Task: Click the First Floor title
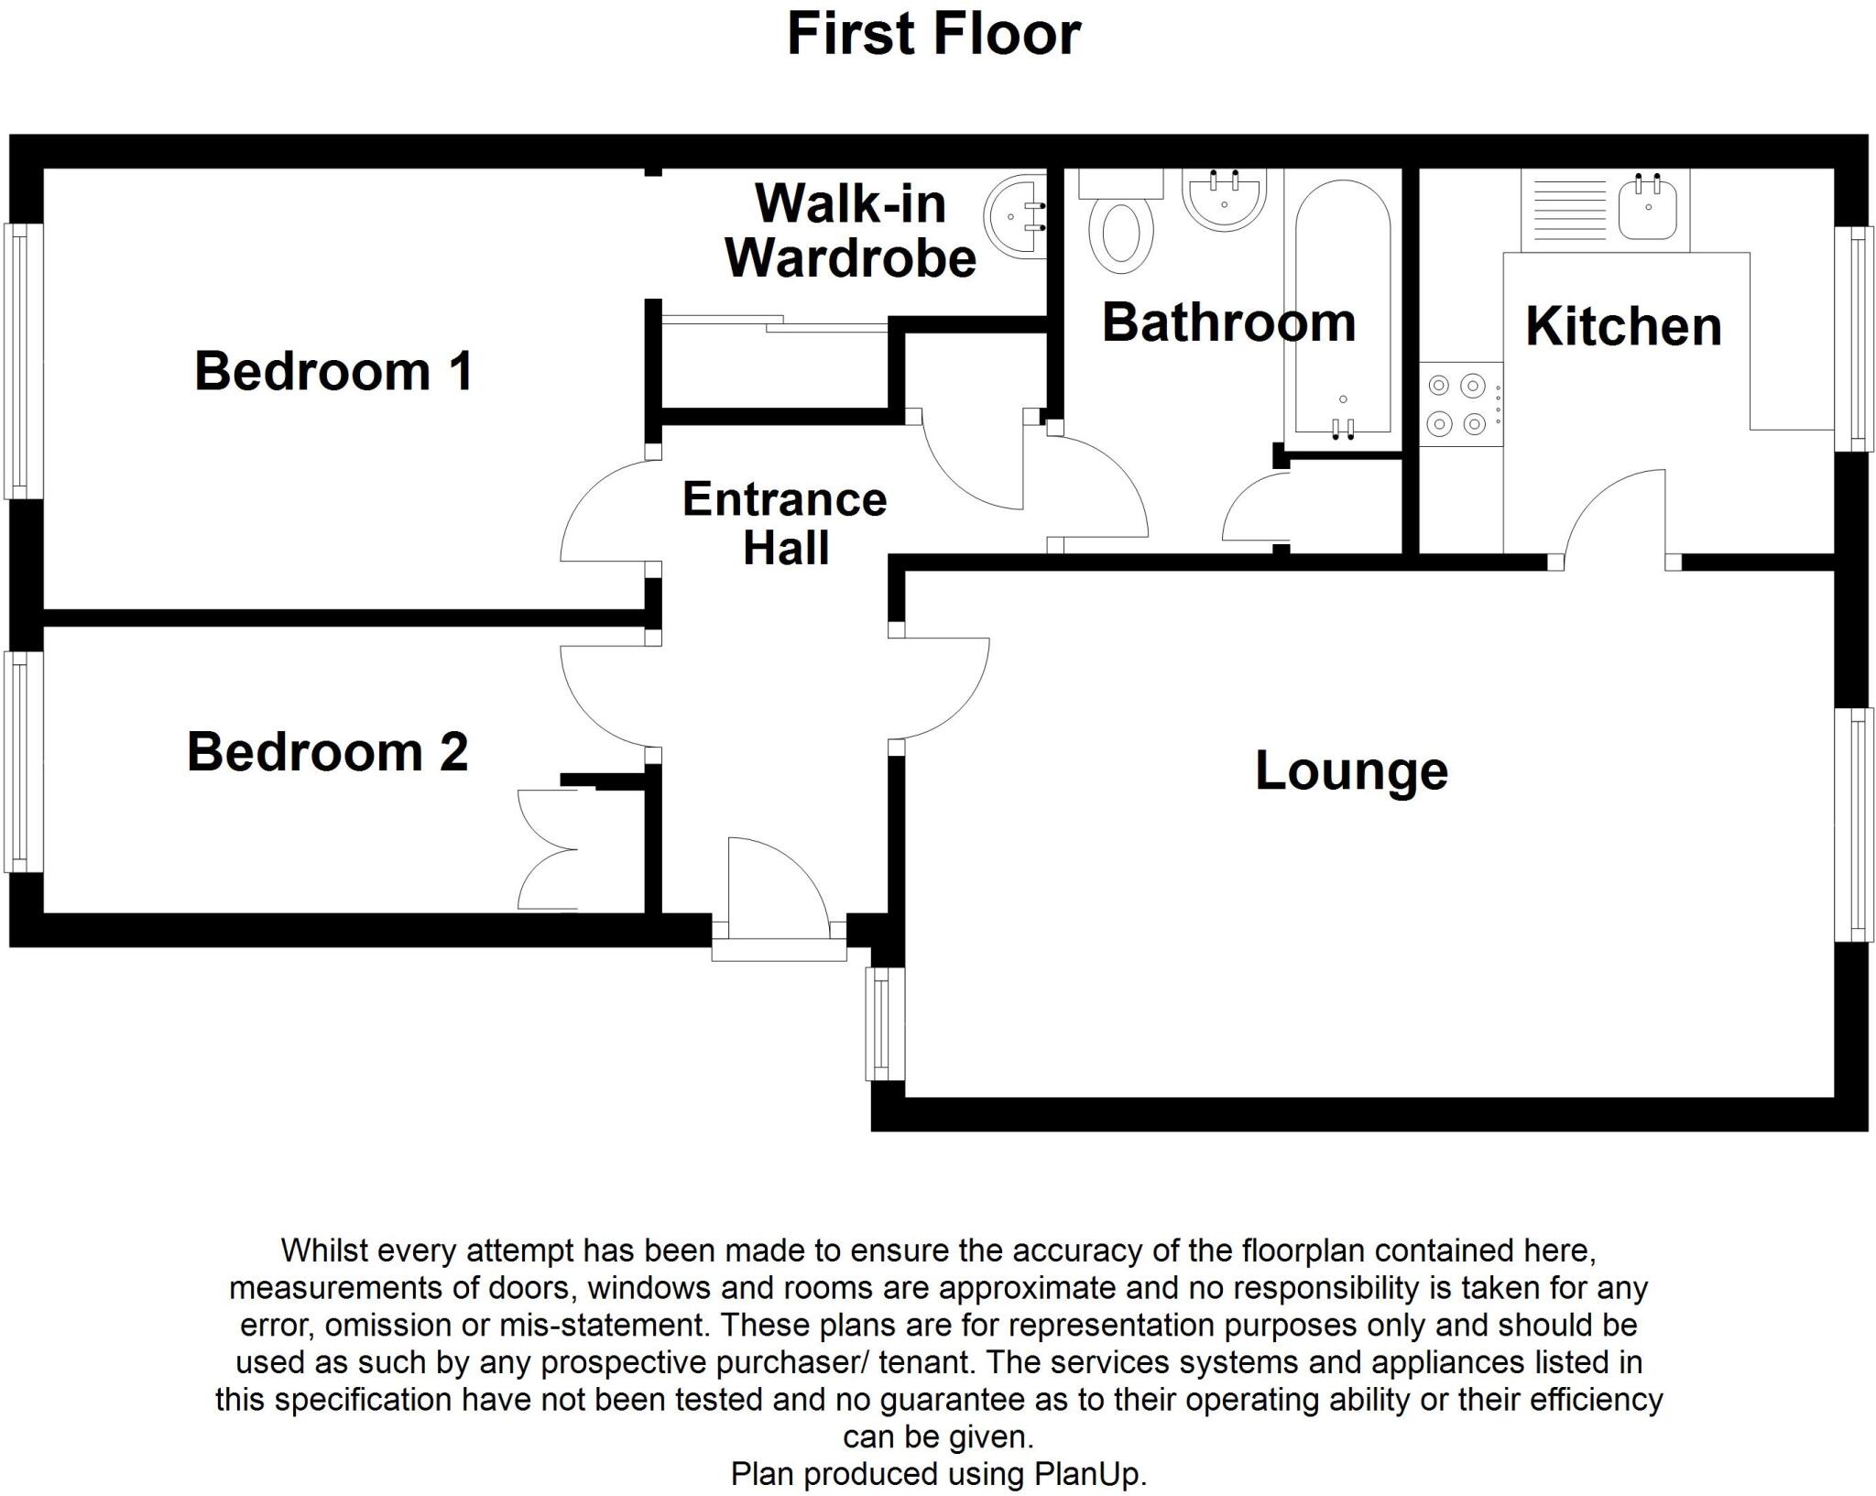[x=933, y=34]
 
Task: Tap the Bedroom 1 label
[x=333, y=371]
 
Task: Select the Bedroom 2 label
[x=327, y=752]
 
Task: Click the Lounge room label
[x=1351, y=770]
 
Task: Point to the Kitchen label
[x=1623, y=326]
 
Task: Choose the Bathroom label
[x=1228, y=322]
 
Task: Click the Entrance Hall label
[x=785, y=523]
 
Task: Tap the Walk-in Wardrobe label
[x=851, y=231]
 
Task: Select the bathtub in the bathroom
[x=1343, y=307]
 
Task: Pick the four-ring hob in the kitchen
[x=1461, y=405]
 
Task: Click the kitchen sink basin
[x=1648, y=210]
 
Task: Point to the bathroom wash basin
[x=1225, y=199]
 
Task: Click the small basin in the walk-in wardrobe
[x=1016, y=218]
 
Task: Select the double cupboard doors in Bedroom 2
[x=548, y=849]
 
